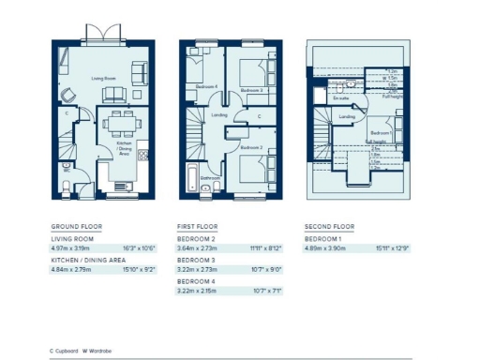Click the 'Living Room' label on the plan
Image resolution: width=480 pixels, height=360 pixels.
point(103,79)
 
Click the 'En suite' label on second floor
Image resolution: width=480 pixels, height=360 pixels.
point(341,97)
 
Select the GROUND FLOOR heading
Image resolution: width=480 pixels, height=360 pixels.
point(76,227)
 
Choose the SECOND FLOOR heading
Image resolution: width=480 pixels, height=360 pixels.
point(329,227)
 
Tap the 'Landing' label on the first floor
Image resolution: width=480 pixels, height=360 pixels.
point(219,115)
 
